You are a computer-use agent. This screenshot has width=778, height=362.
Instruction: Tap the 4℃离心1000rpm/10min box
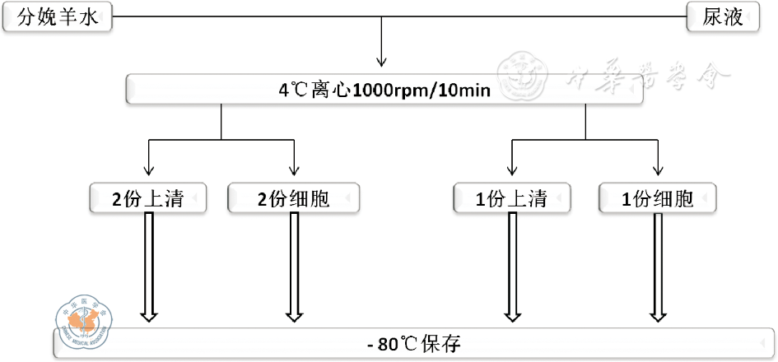[384, 89]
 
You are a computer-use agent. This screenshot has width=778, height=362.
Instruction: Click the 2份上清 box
[147, 199]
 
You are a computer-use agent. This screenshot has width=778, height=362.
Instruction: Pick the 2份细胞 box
[294, 199]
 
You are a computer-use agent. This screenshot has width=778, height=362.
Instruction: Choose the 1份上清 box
[512, 199]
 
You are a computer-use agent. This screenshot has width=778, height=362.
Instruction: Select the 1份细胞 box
[658, 199]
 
